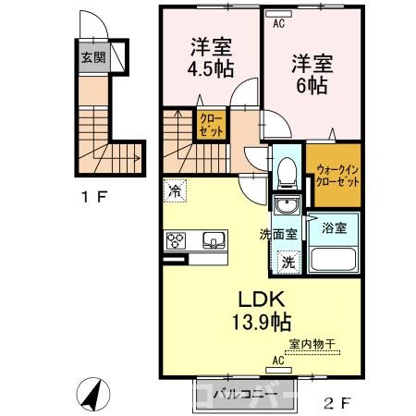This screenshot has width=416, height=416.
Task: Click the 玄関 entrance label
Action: pos(89,57)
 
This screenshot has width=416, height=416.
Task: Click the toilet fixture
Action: pos(287,171)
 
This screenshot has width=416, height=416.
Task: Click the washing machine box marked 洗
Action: pos(288,261)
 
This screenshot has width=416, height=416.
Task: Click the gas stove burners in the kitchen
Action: pos(176,241)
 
